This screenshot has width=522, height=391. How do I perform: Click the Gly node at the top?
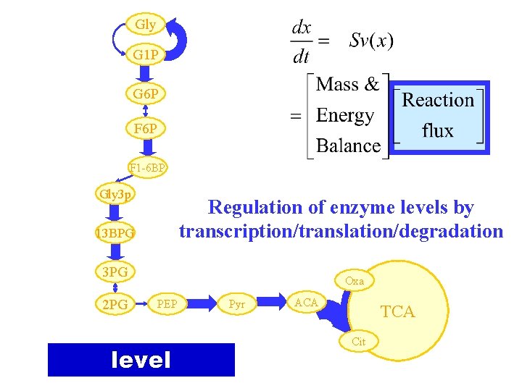click(x=145, y=25)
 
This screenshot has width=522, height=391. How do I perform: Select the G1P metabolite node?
click(x=146, y=55)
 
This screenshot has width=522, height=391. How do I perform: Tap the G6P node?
click(x=146, y=94)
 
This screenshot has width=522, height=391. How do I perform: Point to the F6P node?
click(x=146, y=129)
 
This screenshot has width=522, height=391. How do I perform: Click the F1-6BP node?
click(x=148, y=169)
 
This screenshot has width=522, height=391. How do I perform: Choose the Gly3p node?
click(x=115, y=194)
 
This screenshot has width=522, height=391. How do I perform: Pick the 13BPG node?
click(x=115, y=233)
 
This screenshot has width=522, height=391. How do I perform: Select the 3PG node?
click(x=115, y=272)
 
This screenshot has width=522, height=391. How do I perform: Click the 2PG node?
click(x=115, y=305)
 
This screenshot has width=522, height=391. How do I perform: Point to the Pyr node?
click(x=237, y=305)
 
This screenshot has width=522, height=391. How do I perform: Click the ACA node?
click(x=307, y=302)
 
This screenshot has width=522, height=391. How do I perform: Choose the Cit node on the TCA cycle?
click(x=358, y=342)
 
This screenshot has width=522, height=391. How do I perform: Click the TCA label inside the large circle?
click(x=398, y=312)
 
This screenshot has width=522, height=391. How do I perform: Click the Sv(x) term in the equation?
click(x=372, y=40)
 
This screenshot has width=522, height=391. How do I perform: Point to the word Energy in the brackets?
click(x=345, y=116)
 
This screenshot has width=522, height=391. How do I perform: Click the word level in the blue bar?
click(x=141, y=360)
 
